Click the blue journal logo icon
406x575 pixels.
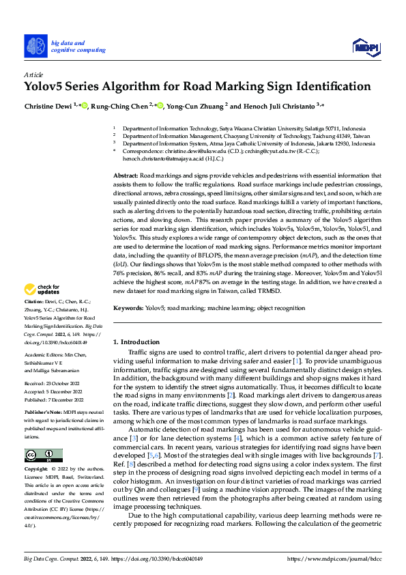pyautogui.click(x=35, y=46)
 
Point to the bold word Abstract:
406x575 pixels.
pyautogui.click(x=126, y=176)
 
